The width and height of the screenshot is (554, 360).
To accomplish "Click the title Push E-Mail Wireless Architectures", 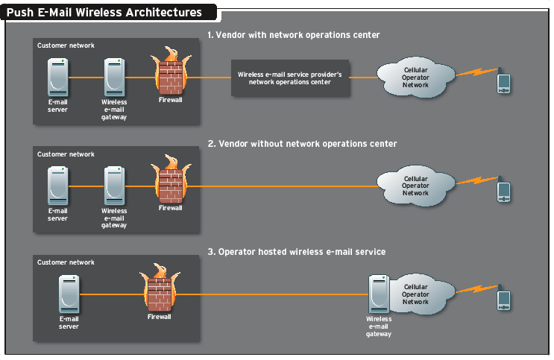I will (104, 12).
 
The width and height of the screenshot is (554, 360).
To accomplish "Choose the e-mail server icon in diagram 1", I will (57, 77).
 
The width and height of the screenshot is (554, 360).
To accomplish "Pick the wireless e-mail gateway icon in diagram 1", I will (114, 77).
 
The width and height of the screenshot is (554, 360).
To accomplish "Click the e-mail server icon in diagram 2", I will (57, 186).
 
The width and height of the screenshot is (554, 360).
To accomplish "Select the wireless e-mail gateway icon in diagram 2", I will (114, 186).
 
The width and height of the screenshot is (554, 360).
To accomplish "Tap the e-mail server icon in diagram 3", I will (69, 294).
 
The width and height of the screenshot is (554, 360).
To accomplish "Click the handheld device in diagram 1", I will (504, 82).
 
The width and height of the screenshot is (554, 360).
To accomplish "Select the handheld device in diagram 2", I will (504, 192).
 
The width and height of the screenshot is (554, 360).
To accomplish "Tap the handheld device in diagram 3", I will (504, 300).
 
